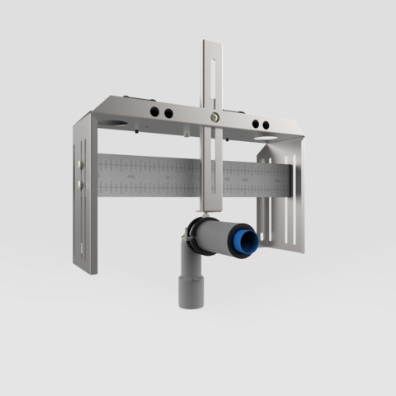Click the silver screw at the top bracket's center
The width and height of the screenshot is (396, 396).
coord(214,117)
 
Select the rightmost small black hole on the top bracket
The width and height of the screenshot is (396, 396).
coord(266,125)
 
